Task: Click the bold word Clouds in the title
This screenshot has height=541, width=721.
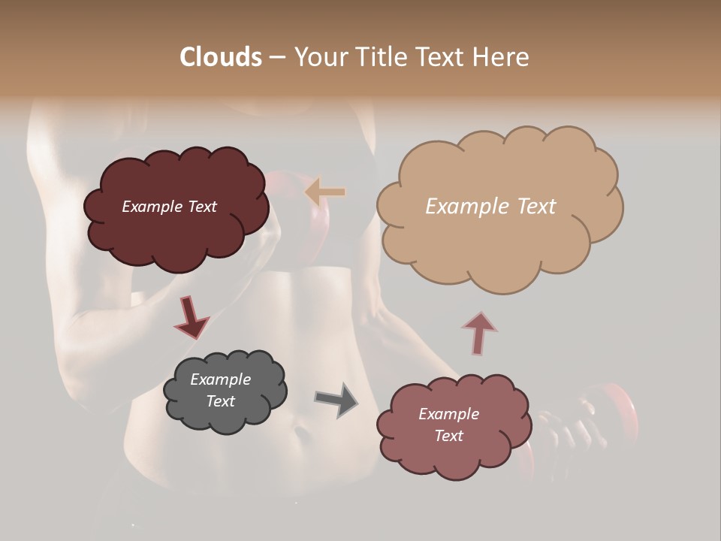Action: (x=221, y=57)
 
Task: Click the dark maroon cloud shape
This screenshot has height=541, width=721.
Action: (x=176, y=233)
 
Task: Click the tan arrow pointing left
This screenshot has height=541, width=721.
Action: (x=325, y=192)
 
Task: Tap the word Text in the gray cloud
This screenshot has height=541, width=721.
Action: (x=221, y=401)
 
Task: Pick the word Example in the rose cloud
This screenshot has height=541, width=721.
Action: (x=448, y=414)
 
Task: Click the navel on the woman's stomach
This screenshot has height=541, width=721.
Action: (x=301, y=434)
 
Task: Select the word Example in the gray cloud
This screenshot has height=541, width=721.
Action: (x=220, y=379)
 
